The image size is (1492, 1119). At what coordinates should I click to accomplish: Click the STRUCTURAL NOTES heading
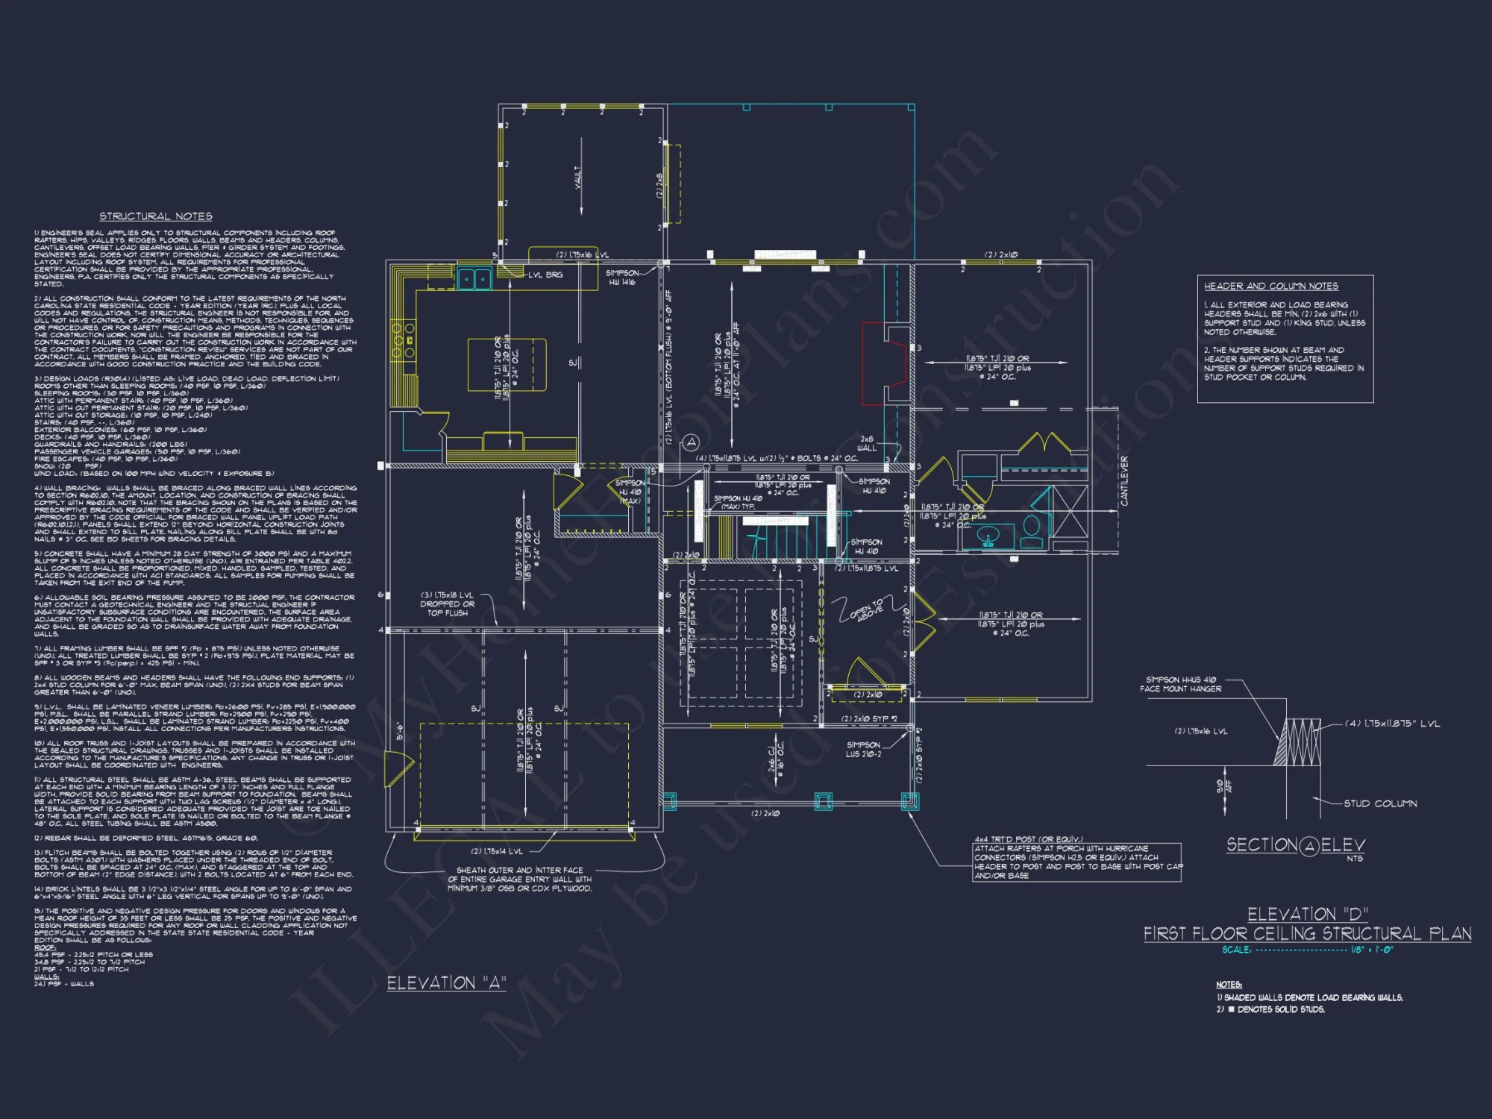pos(156,216)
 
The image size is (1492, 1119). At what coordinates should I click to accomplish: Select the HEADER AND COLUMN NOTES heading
pos(1270,286)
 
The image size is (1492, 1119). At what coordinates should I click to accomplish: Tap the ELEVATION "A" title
pos(446,982)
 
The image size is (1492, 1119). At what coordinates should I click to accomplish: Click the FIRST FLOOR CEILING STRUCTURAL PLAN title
pos(1307,933)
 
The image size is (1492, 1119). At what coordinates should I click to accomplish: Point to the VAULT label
pos(578,177)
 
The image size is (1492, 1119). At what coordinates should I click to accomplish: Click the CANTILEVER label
pos(1124,481)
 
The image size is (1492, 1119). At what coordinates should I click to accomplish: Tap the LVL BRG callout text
pos(545,275)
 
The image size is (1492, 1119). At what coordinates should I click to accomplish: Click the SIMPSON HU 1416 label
pos(621,278)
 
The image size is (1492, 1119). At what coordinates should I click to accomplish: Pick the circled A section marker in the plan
pos(692,442)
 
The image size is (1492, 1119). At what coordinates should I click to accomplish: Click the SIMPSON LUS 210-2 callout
pos(863,749)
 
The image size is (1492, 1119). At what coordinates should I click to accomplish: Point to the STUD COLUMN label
pos(1379,803)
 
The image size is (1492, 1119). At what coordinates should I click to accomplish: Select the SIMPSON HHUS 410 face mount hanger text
pos(1180,684)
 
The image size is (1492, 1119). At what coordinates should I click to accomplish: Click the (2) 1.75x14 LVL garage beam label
pos(497,851)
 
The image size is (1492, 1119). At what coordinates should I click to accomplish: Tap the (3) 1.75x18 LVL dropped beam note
pos(447,604)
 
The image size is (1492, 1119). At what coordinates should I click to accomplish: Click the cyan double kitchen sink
pos(474,279)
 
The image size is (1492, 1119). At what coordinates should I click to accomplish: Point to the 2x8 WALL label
pos(866,443)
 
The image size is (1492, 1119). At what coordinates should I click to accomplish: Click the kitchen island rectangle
pos(507,364)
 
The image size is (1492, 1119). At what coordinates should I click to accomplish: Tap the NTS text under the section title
pos(1355,859)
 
